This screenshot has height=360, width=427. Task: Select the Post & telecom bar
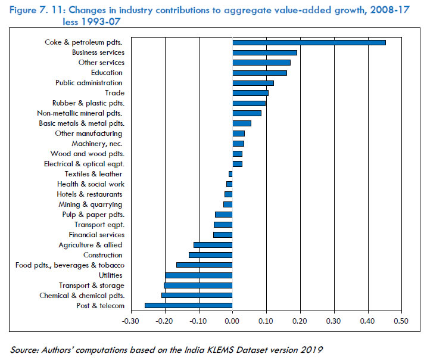click(x=188, y=306)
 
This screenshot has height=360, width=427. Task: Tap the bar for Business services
click(x=264, y=52)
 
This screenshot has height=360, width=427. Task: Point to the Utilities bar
click(x=198, y=275)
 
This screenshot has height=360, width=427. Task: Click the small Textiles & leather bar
click(x=230, y=174)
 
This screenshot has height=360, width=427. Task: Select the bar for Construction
click(x=210, y=255)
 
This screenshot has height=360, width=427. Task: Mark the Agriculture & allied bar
click(x=213, y=245)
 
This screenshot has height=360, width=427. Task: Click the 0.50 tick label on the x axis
click(x=402, y=321)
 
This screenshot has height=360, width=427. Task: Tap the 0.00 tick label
click(x=232, y=321)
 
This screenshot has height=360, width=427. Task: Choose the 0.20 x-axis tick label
click(x=300, y=321)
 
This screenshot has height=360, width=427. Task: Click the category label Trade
click(x=114, y=93)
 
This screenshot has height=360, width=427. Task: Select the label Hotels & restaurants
click(x=90, y=194)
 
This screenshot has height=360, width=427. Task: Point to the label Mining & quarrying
click(x=91, y=204)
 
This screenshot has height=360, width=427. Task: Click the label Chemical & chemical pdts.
click(x=82, y=296)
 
